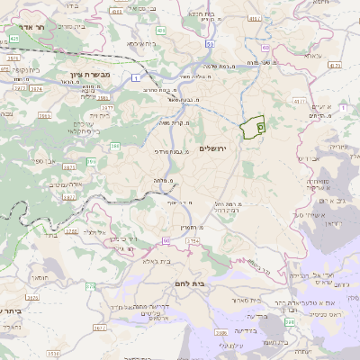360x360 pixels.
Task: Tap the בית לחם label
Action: pyautogui.click(x=191, y=283)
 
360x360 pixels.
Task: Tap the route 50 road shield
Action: pyautogui.click(x=209, y=43)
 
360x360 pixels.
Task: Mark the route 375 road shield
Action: pyautogui.click(x=90, y=286)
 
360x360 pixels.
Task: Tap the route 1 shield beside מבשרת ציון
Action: pyautogui.click(x=136, y=79)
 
